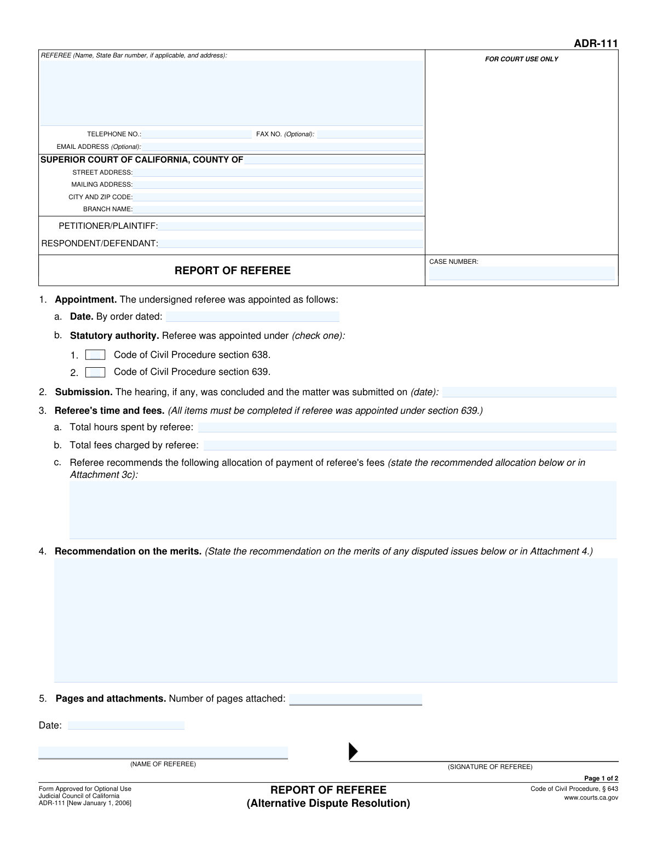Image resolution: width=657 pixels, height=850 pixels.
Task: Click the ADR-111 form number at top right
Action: [596, 44]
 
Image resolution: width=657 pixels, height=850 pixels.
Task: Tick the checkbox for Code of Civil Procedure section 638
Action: [95, 355]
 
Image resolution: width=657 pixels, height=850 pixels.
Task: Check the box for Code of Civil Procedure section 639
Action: [95, 372]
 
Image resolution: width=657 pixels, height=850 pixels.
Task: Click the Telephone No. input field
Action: [197, 134]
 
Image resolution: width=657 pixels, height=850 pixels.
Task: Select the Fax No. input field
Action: [370, 134]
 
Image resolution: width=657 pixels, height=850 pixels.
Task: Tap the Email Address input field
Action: [283, 147]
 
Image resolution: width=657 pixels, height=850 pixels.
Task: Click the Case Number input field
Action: [521, 273]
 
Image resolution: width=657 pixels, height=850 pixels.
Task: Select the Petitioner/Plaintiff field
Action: [291, 226]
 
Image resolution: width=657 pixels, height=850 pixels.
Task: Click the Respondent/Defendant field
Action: [291, 244]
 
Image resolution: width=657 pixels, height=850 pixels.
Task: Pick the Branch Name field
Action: [278, 209]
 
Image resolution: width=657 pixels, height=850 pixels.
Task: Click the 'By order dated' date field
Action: [252, 316]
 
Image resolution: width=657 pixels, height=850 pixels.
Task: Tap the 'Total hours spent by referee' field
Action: [407, 427]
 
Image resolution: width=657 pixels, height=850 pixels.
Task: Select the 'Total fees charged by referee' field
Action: [410, 446]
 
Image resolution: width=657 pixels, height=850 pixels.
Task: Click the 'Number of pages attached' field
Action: [355, 699]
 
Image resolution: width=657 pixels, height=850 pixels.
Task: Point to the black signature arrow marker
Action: [353, 751]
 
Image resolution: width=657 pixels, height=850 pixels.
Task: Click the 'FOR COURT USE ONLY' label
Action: [521, 59]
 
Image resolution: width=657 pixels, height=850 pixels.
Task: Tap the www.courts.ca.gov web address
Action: [591, 798]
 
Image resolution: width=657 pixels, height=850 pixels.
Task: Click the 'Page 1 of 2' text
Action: [601, 778]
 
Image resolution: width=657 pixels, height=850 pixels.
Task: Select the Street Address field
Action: [278, 172]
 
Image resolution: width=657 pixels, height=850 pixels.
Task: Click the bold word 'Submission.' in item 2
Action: [84, 392]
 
